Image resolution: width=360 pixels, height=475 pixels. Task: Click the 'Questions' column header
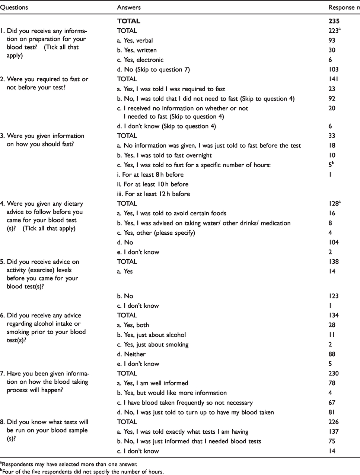[x=14, y=7]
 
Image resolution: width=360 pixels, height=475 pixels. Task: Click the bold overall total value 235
[x=334, y=21]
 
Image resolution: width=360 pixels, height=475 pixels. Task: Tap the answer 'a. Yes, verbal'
[x=135, y=41]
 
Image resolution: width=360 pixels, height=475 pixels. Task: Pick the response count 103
[x=334, y=70]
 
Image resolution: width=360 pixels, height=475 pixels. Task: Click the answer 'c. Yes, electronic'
[x=140, y=60]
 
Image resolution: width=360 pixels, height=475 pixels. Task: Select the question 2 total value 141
[x=332, y=79]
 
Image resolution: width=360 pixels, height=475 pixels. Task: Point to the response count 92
[x=332, y=99]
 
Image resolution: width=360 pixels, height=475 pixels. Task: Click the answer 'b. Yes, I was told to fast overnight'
[x=164, y=155]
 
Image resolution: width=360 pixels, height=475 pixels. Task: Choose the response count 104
[x=334, y=243]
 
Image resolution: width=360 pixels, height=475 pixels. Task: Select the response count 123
[x=334, y=296]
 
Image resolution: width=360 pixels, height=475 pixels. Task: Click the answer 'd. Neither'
[x=131, y=354]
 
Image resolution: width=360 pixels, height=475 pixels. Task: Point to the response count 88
[x=332, y=354]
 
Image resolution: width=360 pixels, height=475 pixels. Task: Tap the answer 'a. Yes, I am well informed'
[x=152, y=383]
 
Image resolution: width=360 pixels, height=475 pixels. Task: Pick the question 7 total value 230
[x=334, y=374]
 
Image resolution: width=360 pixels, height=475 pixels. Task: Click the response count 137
[x=334, y=432]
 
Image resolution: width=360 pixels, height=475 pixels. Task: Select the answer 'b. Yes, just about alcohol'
[x=152, y=335]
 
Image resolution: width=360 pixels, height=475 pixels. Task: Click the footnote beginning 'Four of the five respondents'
[x=82, y=472]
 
